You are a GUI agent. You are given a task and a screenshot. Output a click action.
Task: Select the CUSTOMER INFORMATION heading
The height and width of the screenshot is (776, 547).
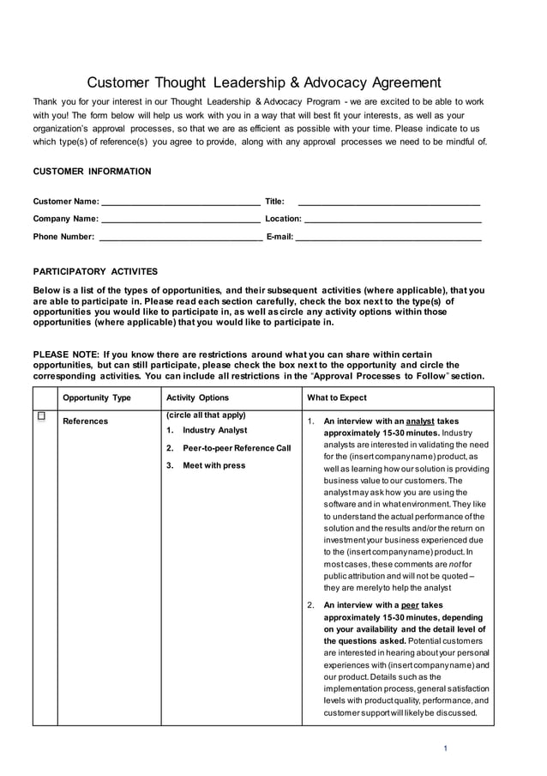92,172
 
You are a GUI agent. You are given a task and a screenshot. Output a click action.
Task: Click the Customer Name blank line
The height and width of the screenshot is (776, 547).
180,203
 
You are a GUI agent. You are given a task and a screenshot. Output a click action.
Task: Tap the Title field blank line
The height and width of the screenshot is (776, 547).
388,203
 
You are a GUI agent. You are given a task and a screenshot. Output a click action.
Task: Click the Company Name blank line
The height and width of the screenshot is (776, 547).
180,220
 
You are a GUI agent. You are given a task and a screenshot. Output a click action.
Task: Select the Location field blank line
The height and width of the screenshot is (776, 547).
393,220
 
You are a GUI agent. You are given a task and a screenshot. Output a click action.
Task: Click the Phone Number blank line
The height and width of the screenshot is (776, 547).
180,237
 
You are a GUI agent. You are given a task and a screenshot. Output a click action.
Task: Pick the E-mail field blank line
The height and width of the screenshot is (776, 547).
388,237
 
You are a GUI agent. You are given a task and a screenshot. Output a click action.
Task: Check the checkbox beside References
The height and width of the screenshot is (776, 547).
41,417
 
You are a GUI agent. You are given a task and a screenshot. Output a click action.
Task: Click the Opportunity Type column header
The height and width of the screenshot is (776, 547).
97,398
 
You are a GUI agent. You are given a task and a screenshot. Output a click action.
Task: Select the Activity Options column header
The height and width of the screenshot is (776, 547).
197,398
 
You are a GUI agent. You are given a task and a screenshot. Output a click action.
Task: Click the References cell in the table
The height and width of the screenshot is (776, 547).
86,421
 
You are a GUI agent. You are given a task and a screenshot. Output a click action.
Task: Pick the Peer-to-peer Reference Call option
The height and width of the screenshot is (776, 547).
237,448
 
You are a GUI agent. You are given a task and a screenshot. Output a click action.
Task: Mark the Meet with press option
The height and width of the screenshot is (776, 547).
213,465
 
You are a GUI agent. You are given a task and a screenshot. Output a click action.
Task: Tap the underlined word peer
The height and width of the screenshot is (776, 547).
409,605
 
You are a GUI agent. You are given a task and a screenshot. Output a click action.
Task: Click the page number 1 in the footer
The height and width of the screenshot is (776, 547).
446,749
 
